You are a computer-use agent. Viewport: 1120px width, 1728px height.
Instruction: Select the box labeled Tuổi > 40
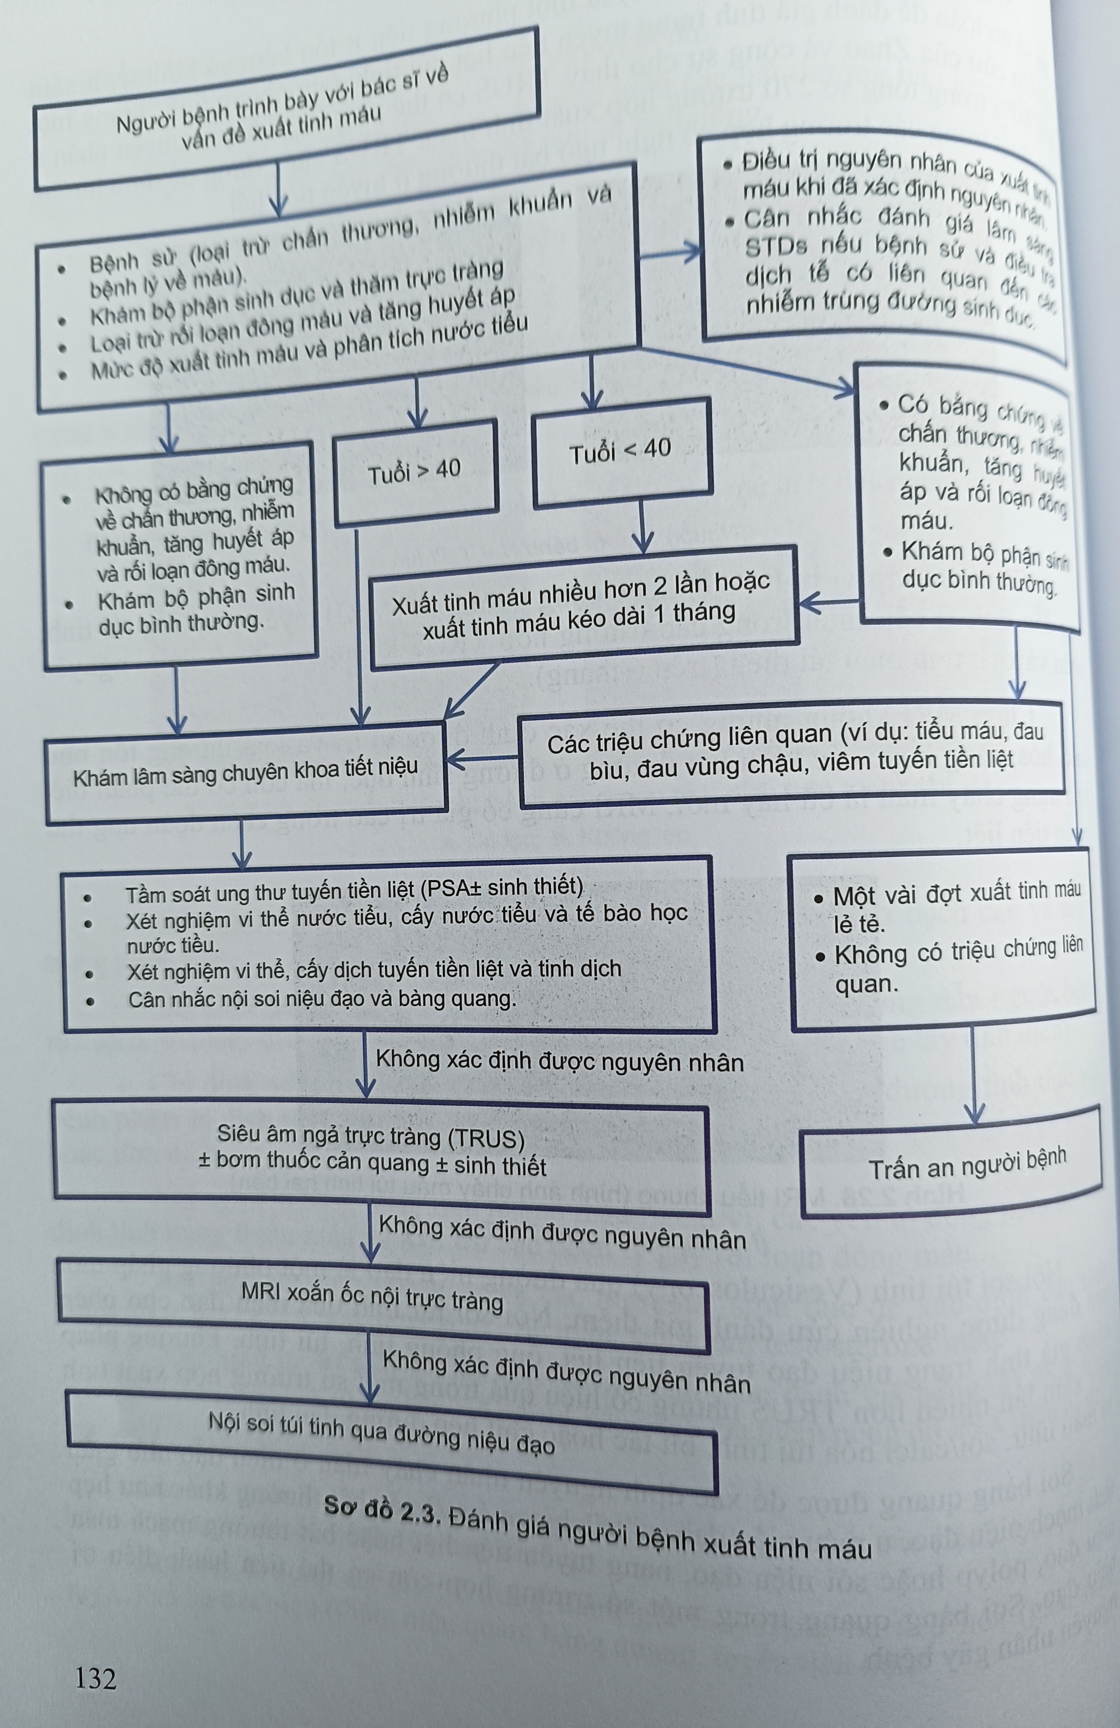coord(415,472)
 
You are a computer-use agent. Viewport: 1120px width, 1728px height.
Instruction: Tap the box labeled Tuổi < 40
coord(621,451)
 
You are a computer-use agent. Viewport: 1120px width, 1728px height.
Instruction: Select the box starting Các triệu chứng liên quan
coord(791,753)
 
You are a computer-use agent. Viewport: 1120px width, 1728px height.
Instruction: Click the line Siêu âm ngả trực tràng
coord(370,1136)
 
